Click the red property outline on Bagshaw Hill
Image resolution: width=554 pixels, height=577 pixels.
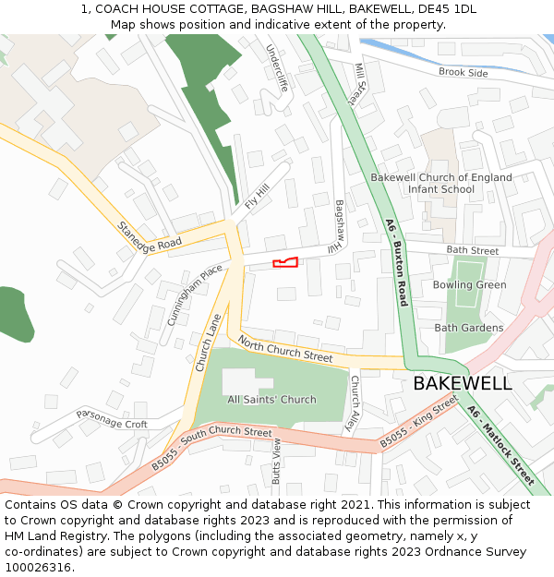click(x=285, y=263)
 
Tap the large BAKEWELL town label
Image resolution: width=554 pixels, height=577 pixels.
click(x=462, y=383)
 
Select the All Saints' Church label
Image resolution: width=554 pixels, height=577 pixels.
click(x=271, y=400)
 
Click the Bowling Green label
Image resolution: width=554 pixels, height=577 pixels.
click(x=469, y=285)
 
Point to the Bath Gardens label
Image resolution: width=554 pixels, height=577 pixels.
click(x=469, y=328)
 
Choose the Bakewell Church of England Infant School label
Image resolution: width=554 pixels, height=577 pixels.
click(x=441, y=183)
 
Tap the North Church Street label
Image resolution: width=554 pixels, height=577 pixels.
click(x=284, y=350)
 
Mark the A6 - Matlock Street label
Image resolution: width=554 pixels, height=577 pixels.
click(x=500, y=445)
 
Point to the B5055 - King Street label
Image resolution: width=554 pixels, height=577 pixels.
click(x=418, y=422)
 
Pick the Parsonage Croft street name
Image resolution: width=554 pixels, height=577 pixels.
click(x=112, y=418)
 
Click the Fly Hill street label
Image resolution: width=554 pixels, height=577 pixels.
click(x=257, y=196)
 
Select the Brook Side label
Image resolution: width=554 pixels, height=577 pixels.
click(x=464, y=73)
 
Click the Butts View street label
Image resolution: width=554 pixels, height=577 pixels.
click(x=276, y=462)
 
